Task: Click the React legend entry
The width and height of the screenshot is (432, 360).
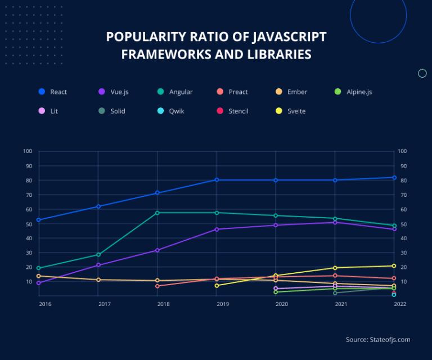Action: (53, 92)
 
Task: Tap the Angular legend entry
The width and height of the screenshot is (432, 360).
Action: (175, 92)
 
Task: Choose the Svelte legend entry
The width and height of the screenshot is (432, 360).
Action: (291, 111)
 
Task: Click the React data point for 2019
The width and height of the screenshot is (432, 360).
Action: (217, 180)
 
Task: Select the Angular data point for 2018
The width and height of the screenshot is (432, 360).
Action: (157, 213)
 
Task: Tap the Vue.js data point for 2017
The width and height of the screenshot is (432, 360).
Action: (98, 265)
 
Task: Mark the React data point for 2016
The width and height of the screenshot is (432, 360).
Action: (38, 220)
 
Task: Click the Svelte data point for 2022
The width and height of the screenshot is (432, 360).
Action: (394, 265)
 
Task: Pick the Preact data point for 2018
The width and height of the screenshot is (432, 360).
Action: (157, 286)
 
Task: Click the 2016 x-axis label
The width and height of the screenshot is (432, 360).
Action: (44, 304)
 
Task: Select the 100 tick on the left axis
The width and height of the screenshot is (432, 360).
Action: (28, 151)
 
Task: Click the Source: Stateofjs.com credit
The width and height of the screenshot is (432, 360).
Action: (378, 339)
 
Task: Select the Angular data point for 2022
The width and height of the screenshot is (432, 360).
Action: (394, 226)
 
